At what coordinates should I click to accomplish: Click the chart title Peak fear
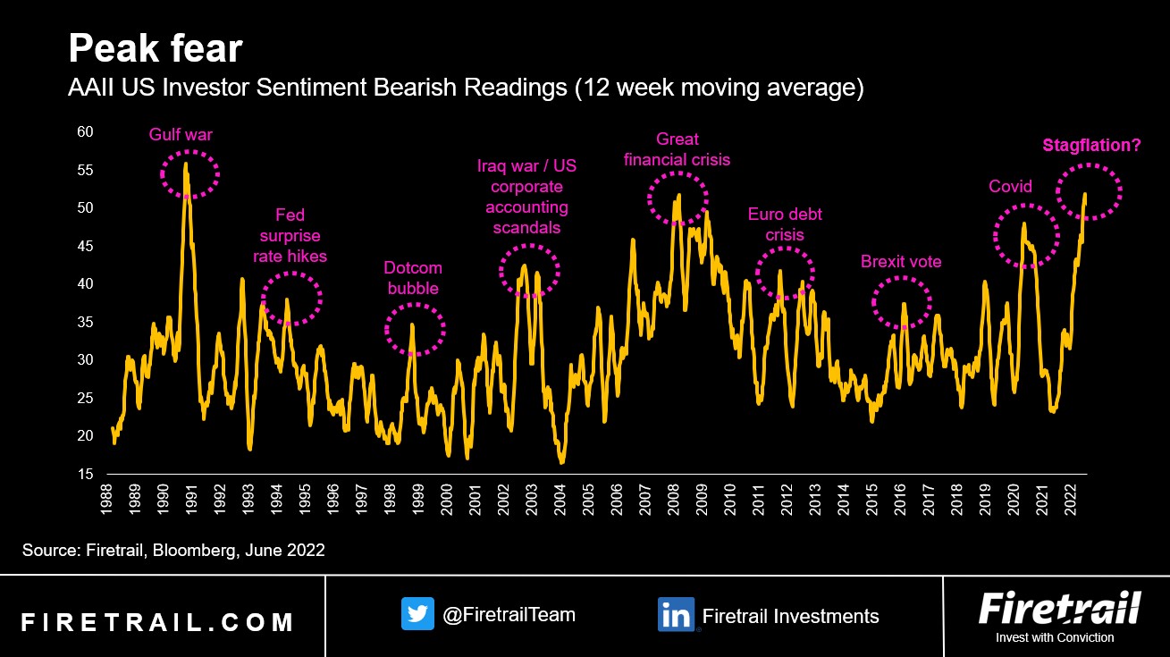(156, 50)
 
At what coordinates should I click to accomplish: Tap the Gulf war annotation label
(181, 135)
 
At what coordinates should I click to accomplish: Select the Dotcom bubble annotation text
(413, 278)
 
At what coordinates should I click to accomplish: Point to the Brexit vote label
(901, 262)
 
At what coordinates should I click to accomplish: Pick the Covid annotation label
(1010, 187)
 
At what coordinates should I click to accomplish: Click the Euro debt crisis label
(785, 224)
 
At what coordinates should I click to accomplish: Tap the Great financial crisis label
(677, 149)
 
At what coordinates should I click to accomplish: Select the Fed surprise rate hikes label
(290, 236)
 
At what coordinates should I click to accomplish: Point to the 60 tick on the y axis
(86, 131)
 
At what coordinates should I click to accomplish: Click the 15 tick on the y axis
(86, 474)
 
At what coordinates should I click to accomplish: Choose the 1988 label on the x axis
(105, 501)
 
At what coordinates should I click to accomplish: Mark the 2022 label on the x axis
(1069, 501)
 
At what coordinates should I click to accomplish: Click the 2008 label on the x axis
(672, 501)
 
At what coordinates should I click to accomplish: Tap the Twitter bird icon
(417, 615)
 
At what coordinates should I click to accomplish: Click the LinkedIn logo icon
(676, 615)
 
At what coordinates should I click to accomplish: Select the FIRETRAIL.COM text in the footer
(157, 622)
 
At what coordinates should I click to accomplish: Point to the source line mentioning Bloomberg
(173, 551)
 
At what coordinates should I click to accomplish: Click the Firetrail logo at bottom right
(1059, 610)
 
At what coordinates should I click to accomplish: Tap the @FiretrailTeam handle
(509, 615)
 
